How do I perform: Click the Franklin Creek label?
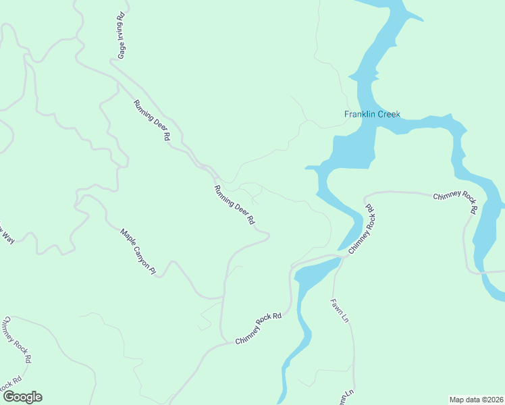pos(372,114)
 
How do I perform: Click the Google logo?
pos(22,397)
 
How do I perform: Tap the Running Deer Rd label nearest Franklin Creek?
pos(234,205)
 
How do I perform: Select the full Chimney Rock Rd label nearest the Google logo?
pos(17,340)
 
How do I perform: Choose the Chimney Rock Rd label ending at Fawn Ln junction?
pos(258,328)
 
